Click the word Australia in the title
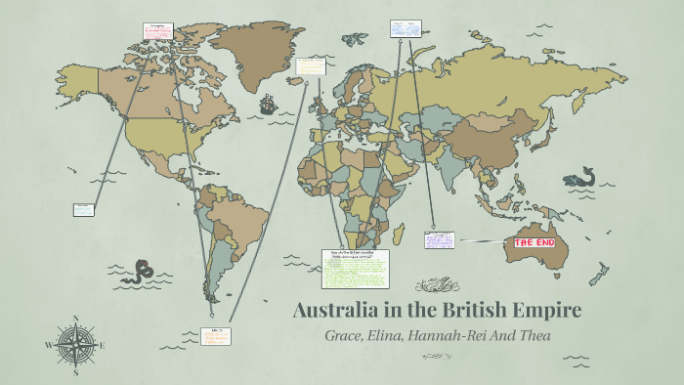coord(338,312)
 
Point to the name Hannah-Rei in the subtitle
coord(456,336)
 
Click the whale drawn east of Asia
coord(581,179)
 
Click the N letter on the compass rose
coord(75,319)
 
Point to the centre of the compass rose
coord(75,345)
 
